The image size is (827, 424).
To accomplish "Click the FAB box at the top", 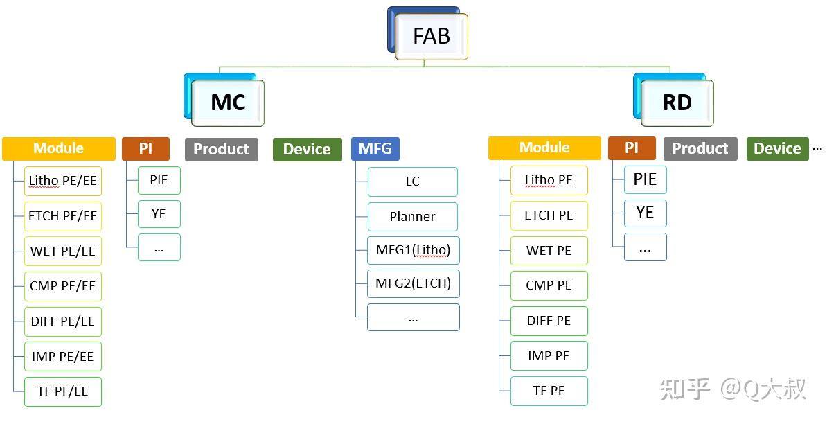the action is (x=431, y=36).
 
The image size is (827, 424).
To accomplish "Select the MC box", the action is (x=227, y=103).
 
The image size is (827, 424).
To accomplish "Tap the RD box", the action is (x=677, y=103).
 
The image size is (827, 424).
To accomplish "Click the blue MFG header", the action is (x=375, y=149).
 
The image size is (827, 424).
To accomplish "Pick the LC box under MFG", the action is (x=412, y=182).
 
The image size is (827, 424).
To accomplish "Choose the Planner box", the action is (x=412, y=216).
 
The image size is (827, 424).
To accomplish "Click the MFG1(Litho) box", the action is (x=413, y=251).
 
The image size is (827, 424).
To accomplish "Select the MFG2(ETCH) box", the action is (x=413, y=284).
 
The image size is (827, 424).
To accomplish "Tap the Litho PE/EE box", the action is (x=63, y=181).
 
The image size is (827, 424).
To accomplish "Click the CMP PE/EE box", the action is (x=63, y=286).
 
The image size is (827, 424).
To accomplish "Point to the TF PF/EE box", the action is (x=63, y=392).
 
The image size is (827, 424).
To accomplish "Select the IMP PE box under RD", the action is (x=549, y=356).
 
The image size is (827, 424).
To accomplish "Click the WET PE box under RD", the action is (x=549, y=251).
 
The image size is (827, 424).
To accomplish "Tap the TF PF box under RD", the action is (x=549, y=391).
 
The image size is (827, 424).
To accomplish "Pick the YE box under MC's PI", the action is (x=159, y=213).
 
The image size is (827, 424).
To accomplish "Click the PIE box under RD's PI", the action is (x=646, y=179).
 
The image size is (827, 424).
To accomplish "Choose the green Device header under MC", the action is (x=307, y=149).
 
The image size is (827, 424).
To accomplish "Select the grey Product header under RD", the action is (x=700, y=149).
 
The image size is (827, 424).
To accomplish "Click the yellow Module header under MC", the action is (x=59, y=148).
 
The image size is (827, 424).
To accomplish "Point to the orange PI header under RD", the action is (x=631, y=148).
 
